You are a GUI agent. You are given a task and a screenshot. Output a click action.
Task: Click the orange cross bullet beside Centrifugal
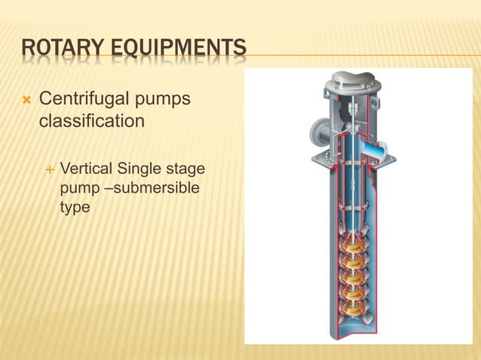tap(29, 99)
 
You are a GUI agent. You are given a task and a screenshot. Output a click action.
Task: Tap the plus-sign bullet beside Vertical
tap(49, 168)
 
